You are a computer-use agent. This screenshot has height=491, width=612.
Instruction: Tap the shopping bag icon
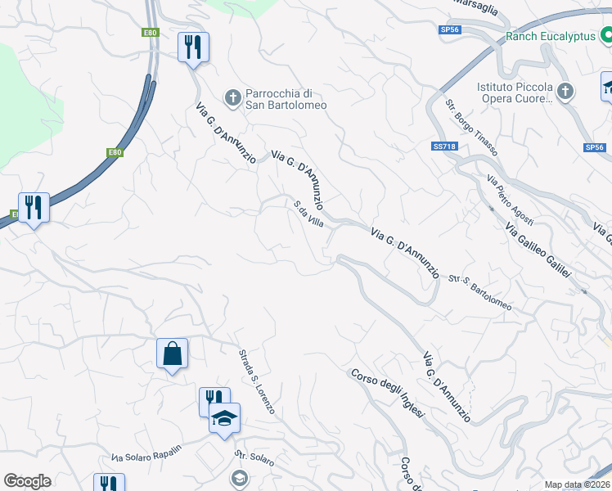pos(172,354)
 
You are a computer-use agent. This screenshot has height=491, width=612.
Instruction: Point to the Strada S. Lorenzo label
pos(256,381)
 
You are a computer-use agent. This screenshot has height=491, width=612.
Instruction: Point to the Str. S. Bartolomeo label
pos(480,293)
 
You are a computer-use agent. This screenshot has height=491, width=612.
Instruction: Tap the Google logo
pos(27,481)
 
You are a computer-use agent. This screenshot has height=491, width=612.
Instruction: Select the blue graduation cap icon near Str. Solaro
pos(224,419)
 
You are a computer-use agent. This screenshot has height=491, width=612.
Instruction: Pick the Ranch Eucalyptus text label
pos(551,36)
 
